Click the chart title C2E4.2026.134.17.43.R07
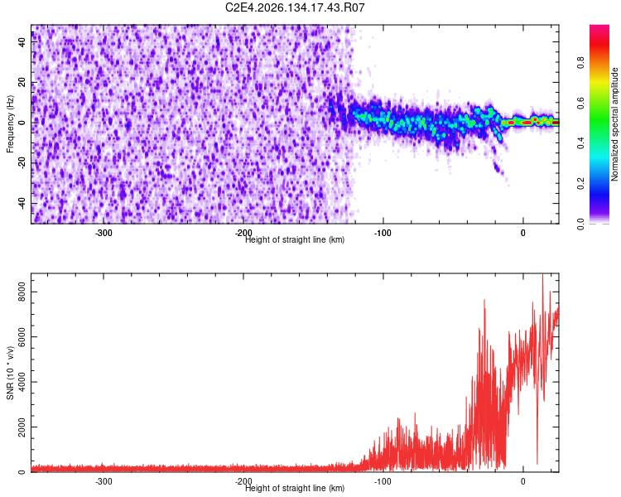(295, 7)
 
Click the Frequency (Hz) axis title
(10, 123)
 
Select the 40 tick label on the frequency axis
(22, 41)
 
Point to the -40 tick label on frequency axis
(22, 205)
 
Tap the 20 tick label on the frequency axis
(22, 82)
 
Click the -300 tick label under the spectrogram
(103, 233)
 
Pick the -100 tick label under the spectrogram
(383, 233)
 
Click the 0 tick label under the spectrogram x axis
(522, 233)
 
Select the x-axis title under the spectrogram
(295, 239)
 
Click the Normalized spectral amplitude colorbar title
(614, 123)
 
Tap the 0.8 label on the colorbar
(580, 63)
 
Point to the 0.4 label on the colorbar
(580, 143)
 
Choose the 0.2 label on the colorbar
(580, 184)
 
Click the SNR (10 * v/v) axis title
(10, 373)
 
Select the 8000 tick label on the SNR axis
(22, 292)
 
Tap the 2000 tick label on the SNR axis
(22, 427)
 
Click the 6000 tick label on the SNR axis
(22, 337)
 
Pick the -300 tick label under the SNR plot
(103, 481)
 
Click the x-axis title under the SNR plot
(295, 488)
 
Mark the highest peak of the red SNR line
(542, 273)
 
